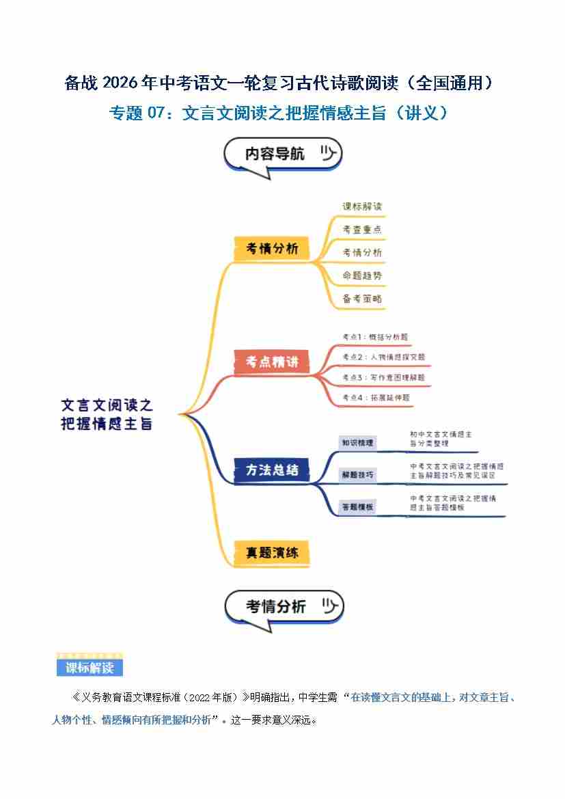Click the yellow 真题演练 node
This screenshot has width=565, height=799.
click(272, 553)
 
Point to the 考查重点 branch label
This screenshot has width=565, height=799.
click(362, 230)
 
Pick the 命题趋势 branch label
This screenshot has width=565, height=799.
click(362, 275)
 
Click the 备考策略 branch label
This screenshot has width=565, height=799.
click(362, 299)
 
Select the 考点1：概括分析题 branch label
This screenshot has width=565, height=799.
click(375, 337)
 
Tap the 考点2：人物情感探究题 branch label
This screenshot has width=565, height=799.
click(383, 357)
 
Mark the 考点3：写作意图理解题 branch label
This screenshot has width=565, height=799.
click(383, 377)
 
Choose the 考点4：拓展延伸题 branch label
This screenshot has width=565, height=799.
click(375, 397)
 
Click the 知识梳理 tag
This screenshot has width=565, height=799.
click(357, 443)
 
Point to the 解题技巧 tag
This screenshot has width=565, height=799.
click(357, 474)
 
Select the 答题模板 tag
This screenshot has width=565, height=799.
click(357, 507)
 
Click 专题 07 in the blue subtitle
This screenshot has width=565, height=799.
click(137, 113)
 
